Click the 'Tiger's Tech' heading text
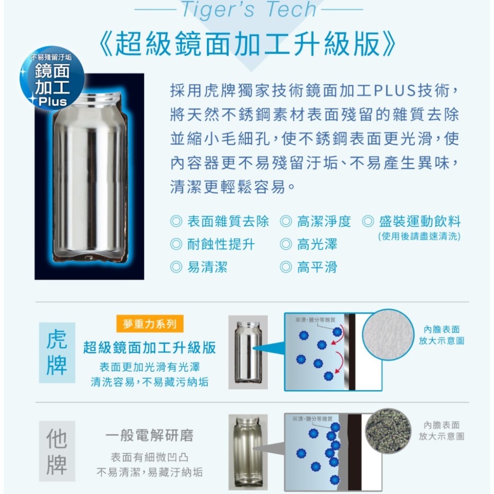(x=248, y=10)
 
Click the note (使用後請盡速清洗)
(x=419, y=237)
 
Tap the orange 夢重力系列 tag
(x=150, y=324)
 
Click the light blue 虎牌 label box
(x=57, y=353)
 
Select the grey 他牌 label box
(x=57, y=451)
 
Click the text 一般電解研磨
(x=149, y=435)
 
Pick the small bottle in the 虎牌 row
(x=248, y=352)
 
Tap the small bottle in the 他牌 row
(x=247, y=450)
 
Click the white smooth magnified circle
(x=388, y=334)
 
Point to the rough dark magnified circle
(x=388, y=430)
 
